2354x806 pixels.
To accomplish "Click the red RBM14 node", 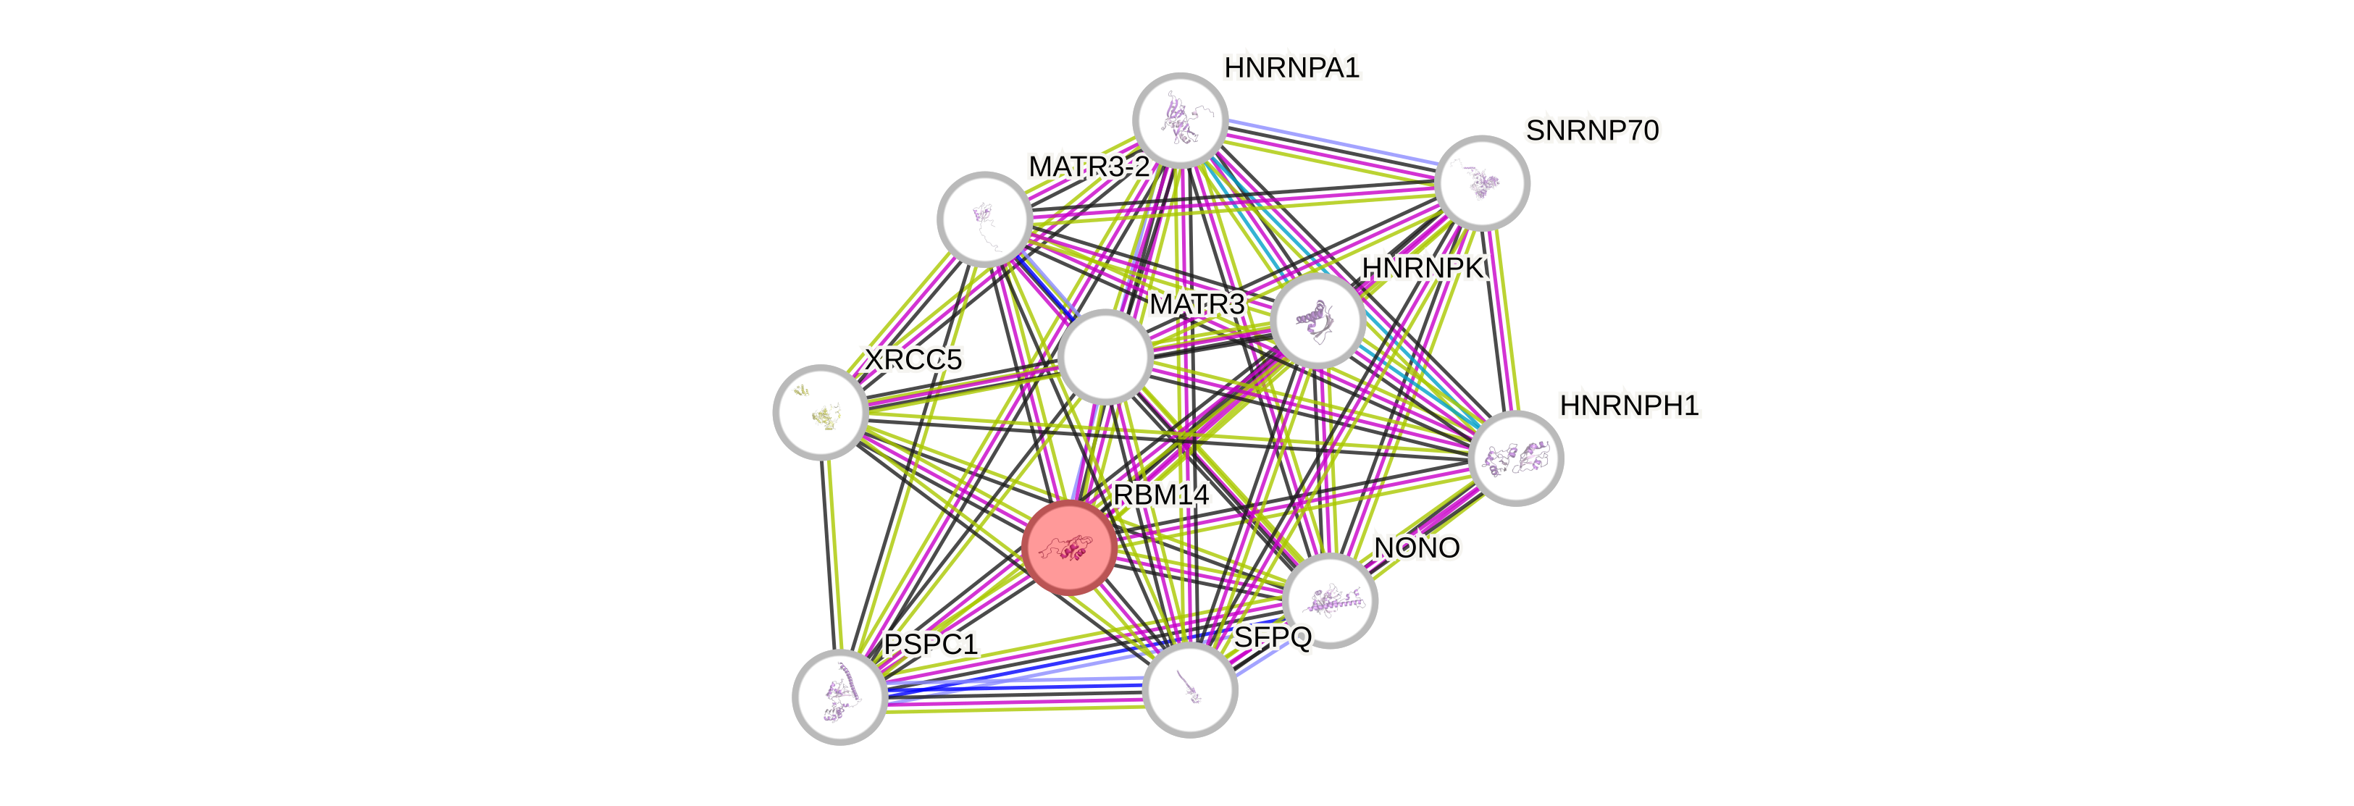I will click(1068, 547).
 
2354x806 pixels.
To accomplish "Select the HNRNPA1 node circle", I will click(1180, 119).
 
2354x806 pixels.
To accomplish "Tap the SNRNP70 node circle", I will click(1481, 182).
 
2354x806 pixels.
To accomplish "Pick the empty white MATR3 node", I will click(1105, 356).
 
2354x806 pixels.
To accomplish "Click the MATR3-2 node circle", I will click(984, 219).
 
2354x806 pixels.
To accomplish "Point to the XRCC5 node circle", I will click(820, 411).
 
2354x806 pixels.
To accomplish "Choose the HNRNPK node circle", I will click(1317, 321).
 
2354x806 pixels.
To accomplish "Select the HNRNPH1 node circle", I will click(1516, 458).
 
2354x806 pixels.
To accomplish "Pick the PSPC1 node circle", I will click(839, 697).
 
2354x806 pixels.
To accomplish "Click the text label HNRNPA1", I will click(1292, 67).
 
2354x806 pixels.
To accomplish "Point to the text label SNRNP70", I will click(1592, 130).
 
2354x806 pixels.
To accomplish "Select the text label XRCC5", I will click(912, 360).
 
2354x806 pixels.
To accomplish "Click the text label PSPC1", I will click(930, 645).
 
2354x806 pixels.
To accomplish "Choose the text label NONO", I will click(1417, 547).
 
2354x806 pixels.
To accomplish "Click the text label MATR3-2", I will click(1089, 167).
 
